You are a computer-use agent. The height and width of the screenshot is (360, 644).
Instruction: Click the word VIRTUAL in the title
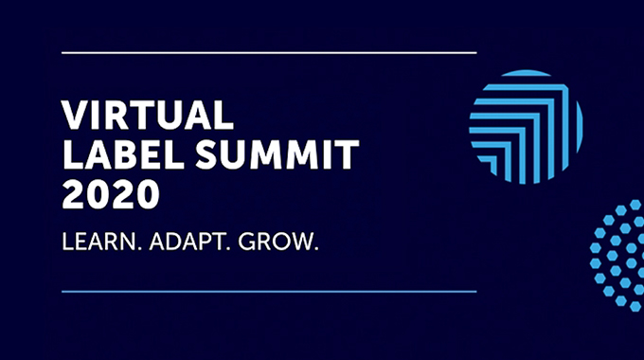[147, 115]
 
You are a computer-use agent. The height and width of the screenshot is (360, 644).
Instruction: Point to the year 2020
[110, 194]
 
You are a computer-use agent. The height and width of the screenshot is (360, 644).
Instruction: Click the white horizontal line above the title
[268, 53]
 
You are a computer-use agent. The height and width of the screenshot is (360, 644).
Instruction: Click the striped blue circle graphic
[526, 127]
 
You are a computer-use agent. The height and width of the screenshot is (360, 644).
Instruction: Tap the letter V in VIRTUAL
[74, 115]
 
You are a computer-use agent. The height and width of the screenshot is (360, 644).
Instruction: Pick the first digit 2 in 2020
[73, 194]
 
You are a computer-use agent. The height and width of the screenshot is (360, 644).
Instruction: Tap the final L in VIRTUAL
[223, 115]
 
